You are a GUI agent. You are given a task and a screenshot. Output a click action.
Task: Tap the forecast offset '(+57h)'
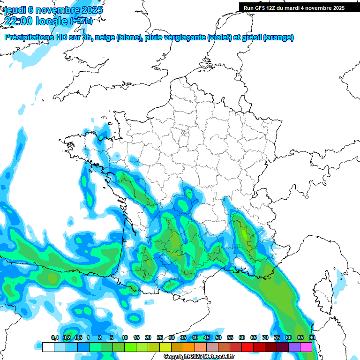(x=81, y=21)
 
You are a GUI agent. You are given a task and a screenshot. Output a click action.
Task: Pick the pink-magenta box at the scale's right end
(x=306, y=347)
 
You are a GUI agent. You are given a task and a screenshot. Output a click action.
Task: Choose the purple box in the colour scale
(x=294, y=347)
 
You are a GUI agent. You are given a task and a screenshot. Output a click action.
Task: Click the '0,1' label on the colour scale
(x=54, y=338)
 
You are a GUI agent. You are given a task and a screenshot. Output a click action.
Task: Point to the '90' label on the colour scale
(x=312, y=338)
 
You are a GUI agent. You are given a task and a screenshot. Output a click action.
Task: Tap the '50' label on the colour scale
(x=218, y=338)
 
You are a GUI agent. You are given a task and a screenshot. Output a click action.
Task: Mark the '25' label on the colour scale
(x=160, y=338)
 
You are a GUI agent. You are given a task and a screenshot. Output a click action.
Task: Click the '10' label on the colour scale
(x=125, y=338)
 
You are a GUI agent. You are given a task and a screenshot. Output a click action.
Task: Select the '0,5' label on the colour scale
(x=78, y=338)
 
